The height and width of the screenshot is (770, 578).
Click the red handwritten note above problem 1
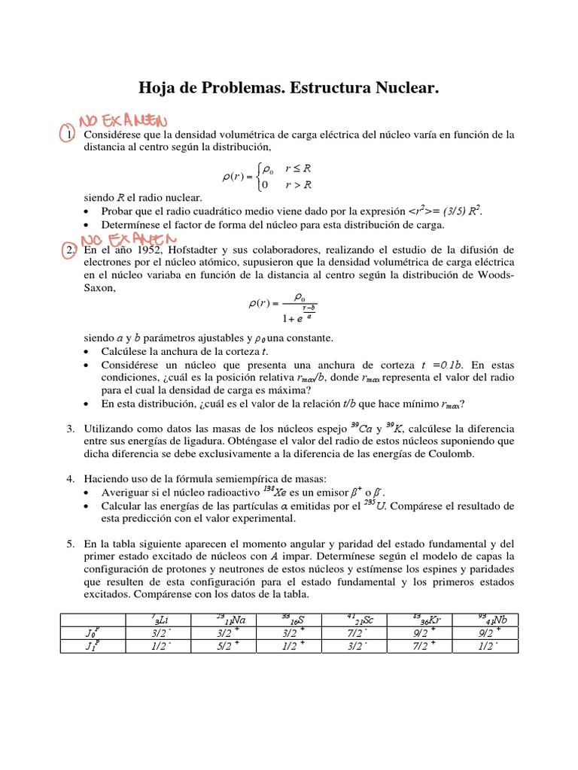click(x=123, y=120)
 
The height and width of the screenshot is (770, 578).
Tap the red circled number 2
click(x=67, y=250)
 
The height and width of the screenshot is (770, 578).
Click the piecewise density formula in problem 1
click(x=268, y=177)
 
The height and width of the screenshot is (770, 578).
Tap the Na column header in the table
click(x=227, y=620)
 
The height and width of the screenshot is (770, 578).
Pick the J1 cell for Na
click(x=227, y=647)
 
